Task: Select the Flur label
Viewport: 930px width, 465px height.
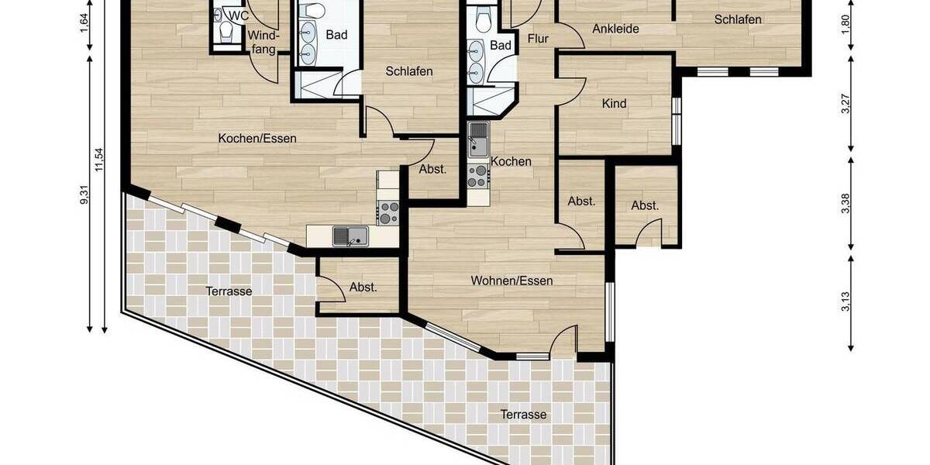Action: [x=538, y=39]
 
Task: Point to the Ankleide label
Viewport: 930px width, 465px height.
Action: [x=615, y=29]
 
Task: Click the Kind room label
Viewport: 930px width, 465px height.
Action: [x=614, y=104]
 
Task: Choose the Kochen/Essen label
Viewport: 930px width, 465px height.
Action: [x=257, y=139]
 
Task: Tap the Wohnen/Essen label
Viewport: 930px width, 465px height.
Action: [x=511, y=281]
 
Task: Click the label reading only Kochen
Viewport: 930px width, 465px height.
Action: [x=511, y=162]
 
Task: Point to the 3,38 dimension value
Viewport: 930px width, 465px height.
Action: [x=846, y=203]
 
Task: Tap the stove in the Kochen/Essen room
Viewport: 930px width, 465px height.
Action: [x=387, y=212]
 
